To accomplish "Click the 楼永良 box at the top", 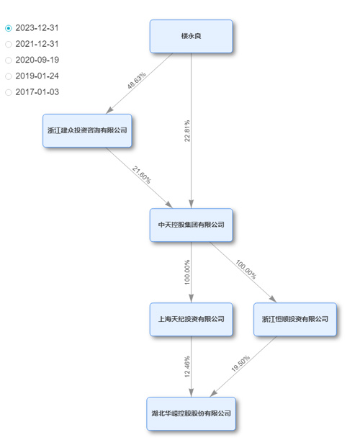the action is coord(192,36).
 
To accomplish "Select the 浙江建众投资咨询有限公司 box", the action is coord(87,130).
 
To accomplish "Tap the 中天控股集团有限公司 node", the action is coord(192,225).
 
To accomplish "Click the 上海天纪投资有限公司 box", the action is coord(192,319).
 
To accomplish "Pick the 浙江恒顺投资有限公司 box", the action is coord(295,319).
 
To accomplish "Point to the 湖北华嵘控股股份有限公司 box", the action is coord(192,413).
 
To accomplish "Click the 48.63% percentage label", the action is coord(137,81).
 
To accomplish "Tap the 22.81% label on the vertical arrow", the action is coord(187,131).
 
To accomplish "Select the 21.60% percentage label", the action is coord(142,175).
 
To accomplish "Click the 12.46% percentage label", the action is coord(187,367).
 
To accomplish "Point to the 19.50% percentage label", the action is coord(240,363).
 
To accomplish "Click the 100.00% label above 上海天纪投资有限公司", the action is coord(187,272).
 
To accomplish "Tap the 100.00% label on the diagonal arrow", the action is coord(246,269).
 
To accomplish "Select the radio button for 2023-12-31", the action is coord(9,28).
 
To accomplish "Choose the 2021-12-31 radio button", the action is coord(9,44).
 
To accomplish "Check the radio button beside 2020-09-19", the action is coord(9,60).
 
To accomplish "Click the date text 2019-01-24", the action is coord(37,76).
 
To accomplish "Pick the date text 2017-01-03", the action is coord(37,92).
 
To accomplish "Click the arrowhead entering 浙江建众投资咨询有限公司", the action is coord(109,110).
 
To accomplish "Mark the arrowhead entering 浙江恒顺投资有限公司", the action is coord(273,299).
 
